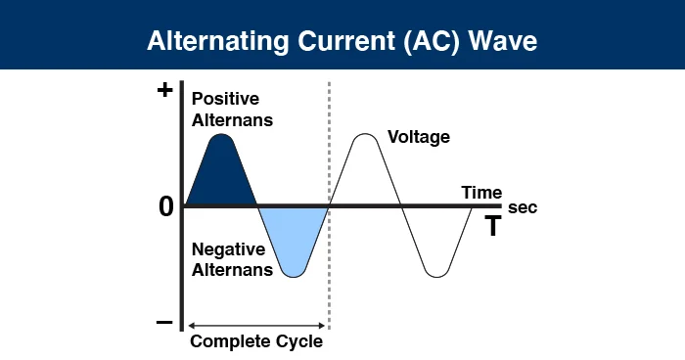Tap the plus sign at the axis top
(x=164, y=91)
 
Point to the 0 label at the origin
(x=164, y=206)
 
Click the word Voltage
(x=419, y=136)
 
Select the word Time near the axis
(x=481, y=192)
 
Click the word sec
(x=523, y=208)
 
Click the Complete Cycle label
(x=255, y=342)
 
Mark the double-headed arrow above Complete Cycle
(x=255, y=324)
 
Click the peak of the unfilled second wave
(x=364, y=135)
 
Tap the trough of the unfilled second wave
(x=436, y=275)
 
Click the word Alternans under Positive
(x=232, y=120)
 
